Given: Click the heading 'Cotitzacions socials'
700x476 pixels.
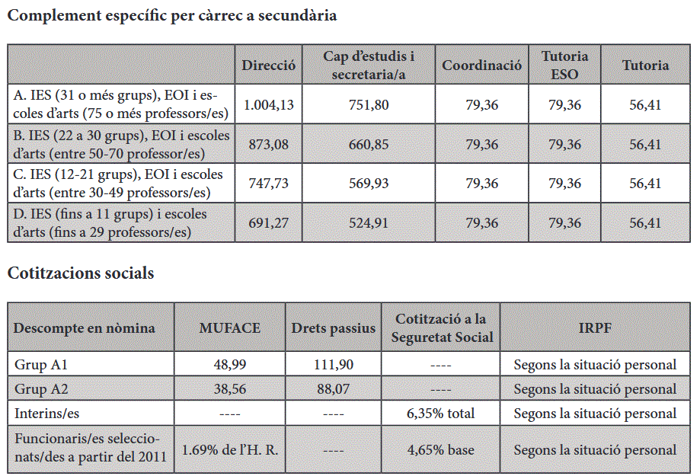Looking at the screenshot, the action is [81, 273].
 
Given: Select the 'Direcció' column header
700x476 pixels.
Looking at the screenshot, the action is [268, 65].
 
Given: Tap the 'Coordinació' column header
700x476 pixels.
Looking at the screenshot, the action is [481, 65].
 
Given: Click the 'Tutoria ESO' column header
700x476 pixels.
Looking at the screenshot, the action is [564, 65].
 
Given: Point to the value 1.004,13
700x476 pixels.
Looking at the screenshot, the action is [268, 104].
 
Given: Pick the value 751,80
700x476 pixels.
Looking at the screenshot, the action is [369, 104].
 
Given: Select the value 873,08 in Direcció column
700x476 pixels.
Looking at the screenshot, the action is [268, 144].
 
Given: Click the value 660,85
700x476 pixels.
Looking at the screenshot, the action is [369, 144].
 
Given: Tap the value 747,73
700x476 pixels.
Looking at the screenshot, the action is [268, 183].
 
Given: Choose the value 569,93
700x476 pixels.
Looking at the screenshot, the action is [369, 183].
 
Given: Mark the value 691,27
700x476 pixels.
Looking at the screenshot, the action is [268, 222].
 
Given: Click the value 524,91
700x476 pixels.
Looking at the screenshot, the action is [369, 222].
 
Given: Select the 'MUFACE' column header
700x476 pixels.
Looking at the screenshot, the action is [229, 327].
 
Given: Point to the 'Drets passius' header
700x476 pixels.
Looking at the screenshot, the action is [334, 327].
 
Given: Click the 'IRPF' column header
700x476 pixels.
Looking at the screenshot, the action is [595, 327].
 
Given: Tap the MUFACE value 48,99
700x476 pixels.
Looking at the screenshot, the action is [229, 364].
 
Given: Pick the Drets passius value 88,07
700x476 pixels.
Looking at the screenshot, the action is [334, 388].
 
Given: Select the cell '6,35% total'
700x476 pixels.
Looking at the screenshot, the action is [440, 413].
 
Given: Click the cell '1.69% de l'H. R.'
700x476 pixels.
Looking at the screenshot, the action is [229, 449].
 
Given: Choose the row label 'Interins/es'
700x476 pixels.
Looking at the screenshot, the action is [47, 413].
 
